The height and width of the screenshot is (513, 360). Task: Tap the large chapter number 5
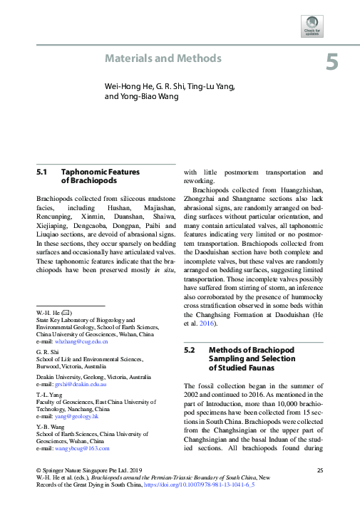[x=332, y=63]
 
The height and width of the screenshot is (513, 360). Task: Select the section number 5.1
[x=41, y=172]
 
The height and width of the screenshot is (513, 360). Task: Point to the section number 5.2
[x=190, y=351]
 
